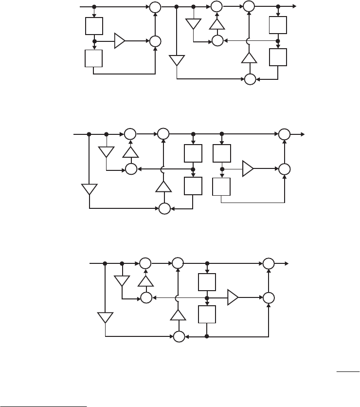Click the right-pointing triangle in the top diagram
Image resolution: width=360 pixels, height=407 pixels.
pos(119,41)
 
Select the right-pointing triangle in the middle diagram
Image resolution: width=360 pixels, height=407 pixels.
pos(248,168)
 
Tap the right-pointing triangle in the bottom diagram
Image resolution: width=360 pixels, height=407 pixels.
pos(233,296)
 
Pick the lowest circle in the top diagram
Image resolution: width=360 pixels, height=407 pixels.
pos(251,78)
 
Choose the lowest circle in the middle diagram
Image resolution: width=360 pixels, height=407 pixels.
pos(164,208)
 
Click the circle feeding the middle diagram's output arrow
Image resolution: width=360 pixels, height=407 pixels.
pos(284,134)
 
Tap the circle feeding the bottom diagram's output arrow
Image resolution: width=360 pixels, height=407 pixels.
pos(269,263)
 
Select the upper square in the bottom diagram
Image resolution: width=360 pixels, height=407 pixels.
pos(207,282)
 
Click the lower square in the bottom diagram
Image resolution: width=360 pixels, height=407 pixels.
pos(207,314)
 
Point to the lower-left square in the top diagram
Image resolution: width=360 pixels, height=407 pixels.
pos(93,58)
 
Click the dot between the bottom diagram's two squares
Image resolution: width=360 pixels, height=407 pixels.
pos(207,296)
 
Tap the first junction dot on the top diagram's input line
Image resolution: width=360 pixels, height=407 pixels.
pos(94,7)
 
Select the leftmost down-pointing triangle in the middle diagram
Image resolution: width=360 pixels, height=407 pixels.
pos(90,188)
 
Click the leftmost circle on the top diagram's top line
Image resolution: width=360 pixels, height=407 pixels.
pos(155,7)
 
